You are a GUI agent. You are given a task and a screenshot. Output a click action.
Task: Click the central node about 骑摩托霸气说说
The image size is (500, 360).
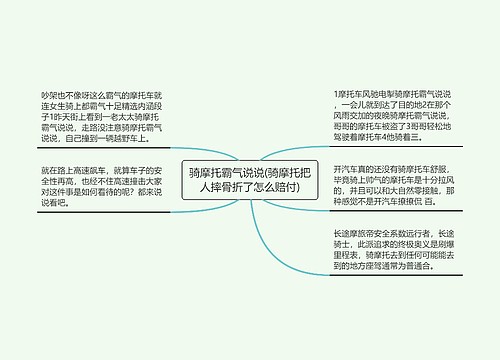249,180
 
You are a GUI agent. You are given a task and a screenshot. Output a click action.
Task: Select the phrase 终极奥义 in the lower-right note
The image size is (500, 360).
406,272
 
